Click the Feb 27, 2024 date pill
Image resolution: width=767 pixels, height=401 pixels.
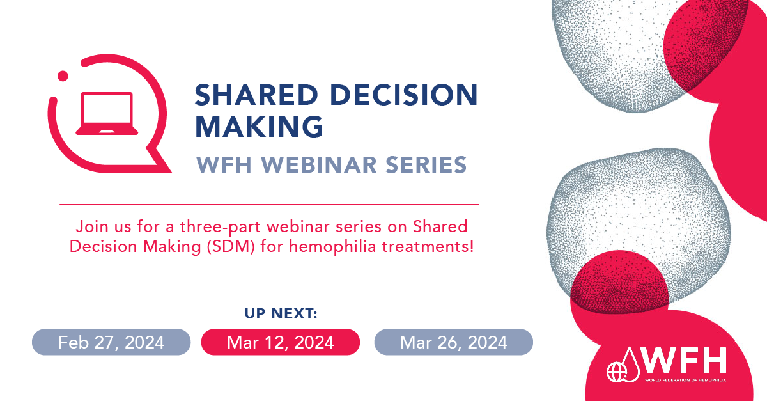[x=111, y=342]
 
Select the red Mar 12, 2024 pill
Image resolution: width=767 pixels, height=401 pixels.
[x=281, y=342]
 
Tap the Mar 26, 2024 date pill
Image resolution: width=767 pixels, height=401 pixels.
[x=454, y=342]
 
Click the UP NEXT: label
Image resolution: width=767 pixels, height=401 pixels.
[x=281, y=313]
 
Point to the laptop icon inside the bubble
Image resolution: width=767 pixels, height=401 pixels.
[x=107, y=113]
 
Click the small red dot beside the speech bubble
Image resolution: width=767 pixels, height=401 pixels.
[x=63, y=75]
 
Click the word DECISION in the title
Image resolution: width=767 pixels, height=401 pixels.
[x=404, y=95]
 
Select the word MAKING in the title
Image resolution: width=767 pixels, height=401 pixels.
[x=259, y=127]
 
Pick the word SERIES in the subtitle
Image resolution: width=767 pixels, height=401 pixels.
[x=426, y=164]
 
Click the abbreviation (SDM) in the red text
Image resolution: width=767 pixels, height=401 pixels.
[x=231, y=246]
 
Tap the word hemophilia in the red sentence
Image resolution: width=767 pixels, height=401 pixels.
[x=332, y=246]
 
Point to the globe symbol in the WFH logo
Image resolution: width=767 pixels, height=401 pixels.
[x=616, y=372]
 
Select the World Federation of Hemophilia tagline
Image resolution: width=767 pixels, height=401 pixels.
[x=685, y=380]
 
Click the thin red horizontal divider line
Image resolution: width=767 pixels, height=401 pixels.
[x=269, y=204]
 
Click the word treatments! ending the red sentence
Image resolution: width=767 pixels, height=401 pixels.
[x=428, y=246]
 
